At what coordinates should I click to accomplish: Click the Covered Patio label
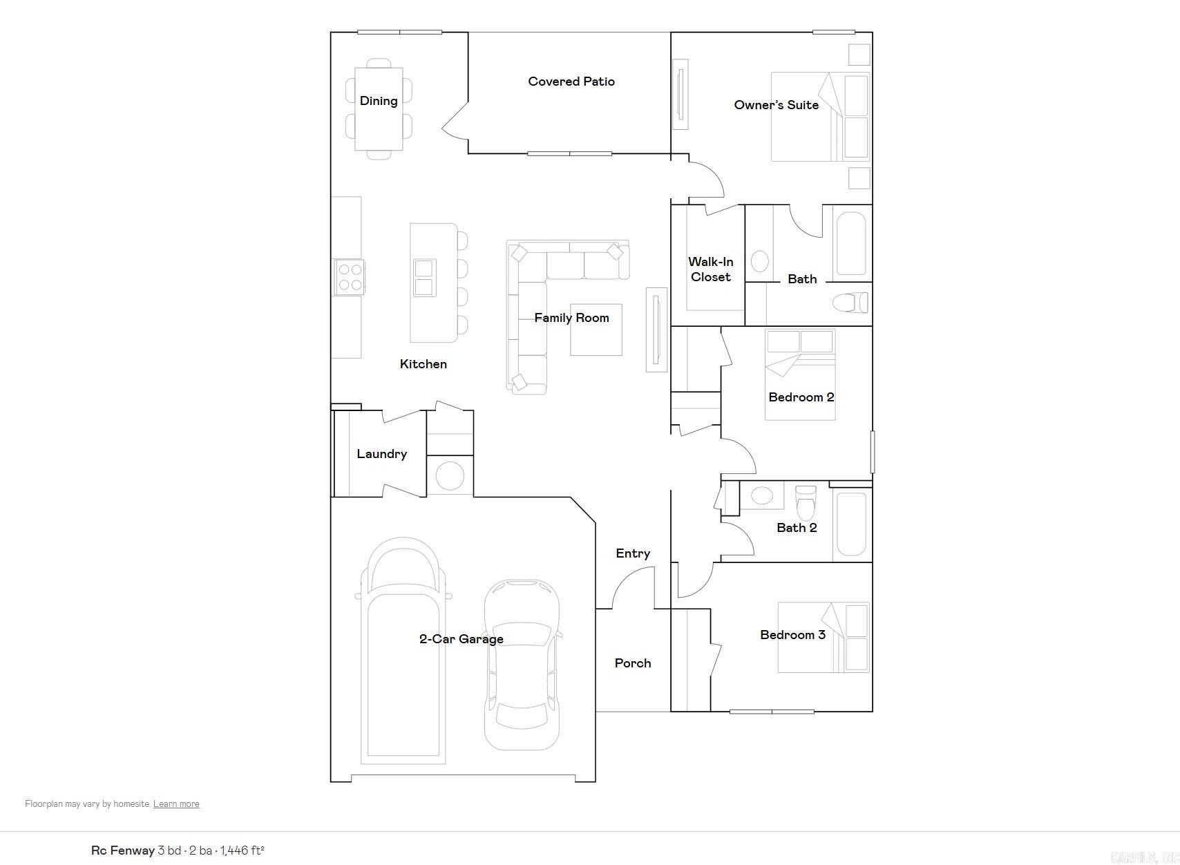571,82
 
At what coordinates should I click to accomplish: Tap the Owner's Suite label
776,105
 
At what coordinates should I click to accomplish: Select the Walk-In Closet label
710,269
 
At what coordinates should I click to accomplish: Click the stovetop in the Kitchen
349,277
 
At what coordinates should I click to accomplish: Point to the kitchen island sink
424,278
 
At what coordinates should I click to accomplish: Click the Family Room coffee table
596,330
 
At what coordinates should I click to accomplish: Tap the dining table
379,108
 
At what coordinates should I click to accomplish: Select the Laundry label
381,454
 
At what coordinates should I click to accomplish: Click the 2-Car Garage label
461,639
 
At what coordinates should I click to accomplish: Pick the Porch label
633,663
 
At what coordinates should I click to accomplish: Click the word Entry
633,553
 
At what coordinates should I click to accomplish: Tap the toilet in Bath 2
806,503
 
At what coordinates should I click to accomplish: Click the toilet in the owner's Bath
850,303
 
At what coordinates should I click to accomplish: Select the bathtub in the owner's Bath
851,243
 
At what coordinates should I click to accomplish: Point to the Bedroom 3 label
792,635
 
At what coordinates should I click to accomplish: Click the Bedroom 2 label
801,397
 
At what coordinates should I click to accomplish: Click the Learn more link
176,804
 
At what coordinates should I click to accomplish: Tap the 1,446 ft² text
242,850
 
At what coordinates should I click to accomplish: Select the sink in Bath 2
762,495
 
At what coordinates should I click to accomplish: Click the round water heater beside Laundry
450,476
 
